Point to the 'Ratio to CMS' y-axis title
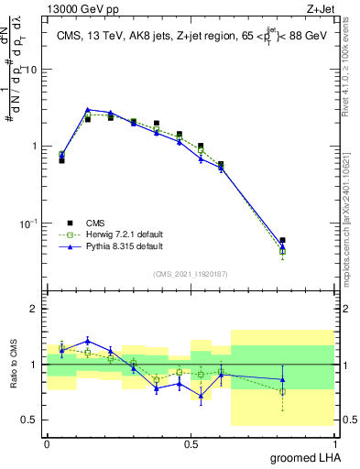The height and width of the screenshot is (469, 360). pos(14,365)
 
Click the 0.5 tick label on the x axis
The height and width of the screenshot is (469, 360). pos(191,443)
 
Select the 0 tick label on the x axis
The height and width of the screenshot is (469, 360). pos(47,443)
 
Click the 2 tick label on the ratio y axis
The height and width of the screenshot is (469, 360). pos(36,310)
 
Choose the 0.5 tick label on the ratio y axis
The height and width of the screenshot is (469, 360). pos(31,420)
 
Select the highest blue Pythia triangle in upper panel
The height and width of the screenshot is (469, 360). pos(87,109)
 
